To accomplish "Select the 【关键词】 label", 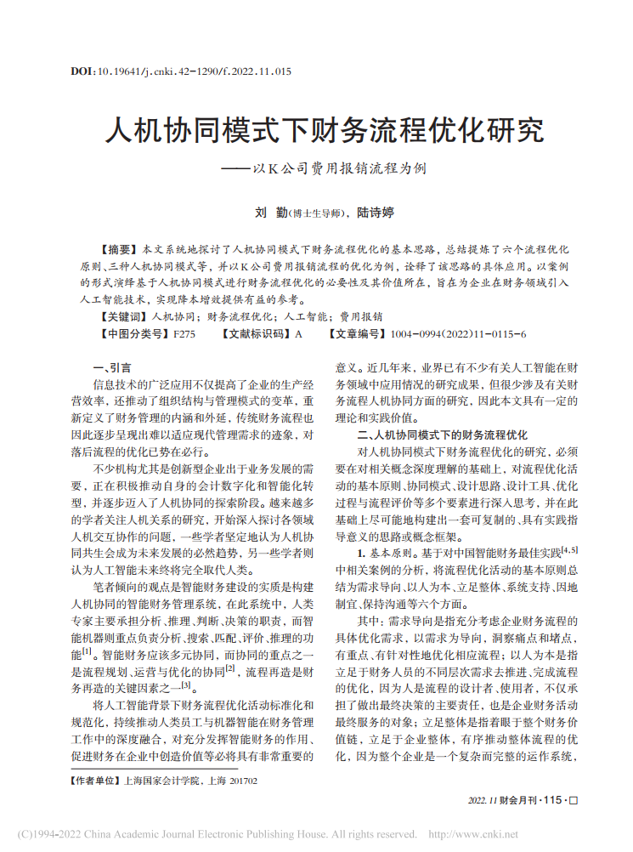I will pyautogui.click(x=122, y=315).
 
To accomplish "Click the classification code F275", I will pyautogui.click(x=184, y=333).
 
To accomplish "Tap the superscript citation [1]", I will pyautogui.click(x=87, y=651).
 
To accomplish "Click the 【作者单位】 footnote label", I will pyautogui.click(x=96, y=779).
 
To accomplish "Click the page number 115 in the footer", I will pyautogui.click(x=552, y=800).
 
